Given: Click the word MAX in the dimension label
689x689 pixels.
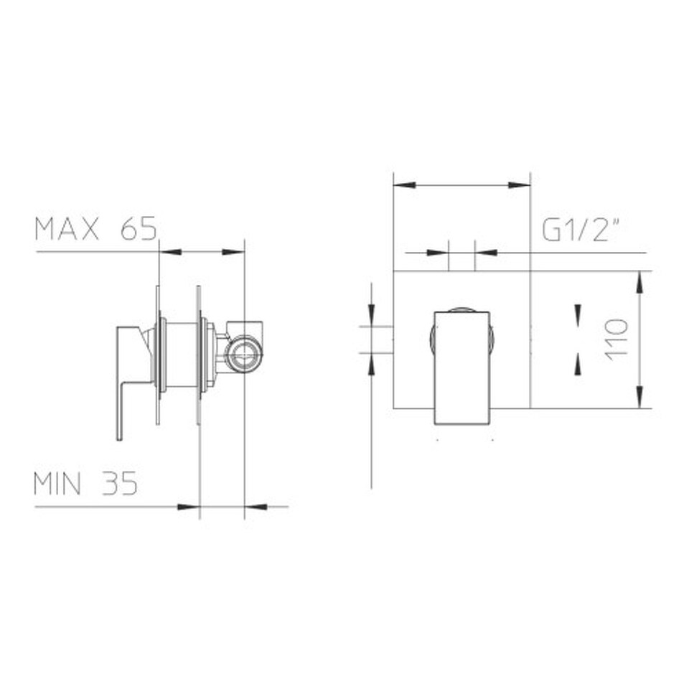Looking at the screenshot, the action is click(x=67, y=229).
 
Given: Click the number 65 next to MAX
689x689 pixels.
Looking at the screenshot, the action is click(x=139, y=229).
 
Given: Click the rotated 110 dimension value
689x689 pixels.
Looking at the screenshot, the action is click(x=617, y=339).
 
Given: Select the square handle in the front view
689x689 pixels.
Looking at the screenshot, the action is click(x=461, y=368).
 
